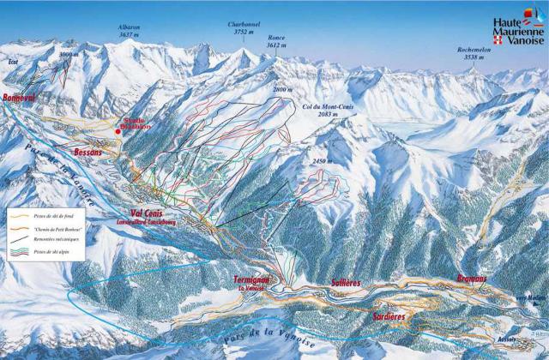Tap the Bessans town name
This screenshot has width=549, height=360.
pos(87,153)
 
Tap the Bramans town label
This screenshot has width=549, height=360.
pos(471,279)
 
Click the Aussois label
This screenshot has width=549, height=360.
pos(517,338)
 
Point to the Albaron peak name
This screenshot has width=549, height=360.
pos(130,28)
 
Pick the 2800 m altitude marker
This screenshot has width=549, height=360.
pos(282,89)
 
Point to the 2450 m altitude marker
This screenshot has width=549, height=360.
pos(321,161)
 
